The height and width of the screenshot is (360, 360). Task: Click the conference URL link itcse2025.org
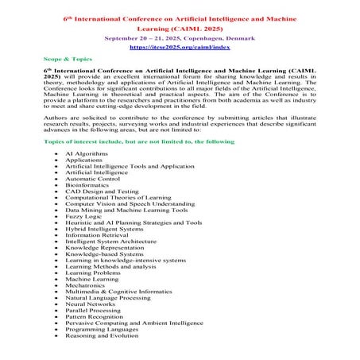(x=180, y=48)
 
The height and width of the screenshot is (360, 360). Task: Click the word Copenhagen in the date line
(x=214, y=37)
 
